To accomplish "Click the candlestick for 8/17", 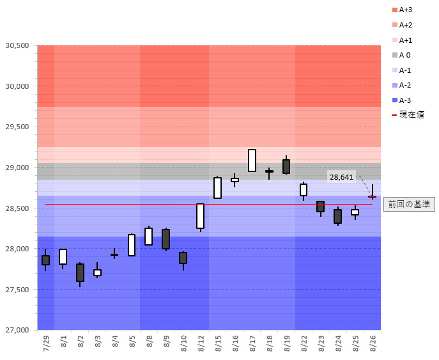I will click(x=252, y=160).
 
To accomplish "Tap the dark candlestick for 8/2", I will click(x=80, y=272).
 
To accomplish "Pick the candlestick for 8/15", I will click(x=217, y=188).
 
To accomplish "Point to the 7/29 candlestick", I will click(x=45, y=260).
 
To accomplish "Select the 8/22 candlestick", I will click(x=304, y=189).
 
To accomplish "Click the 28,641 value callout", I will click(x=341, y=176).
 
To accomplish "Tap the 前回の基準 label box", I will click(x=409, y=204).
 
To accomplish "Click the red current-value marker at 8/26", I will click(x=372, y=197).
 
